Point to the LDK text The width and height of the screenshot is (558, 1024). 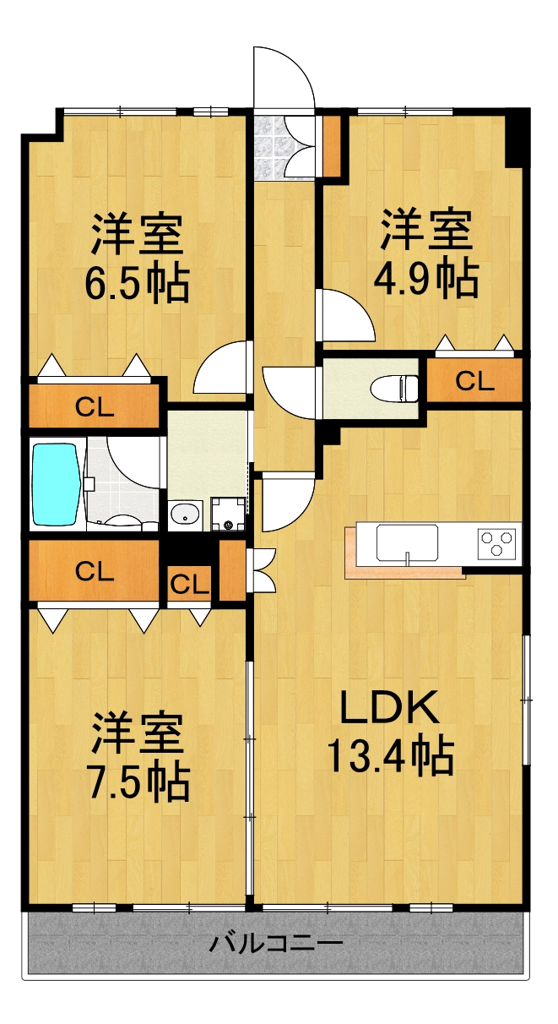click(x=389, y=708)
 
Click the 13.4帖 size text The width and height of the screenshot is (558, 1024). click(x=389, y=756)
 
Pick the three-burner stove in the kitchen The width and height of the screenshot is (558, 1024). click(x=496, y=542)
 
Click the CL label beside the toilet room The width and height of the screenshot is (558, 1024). click(x=474, y=381)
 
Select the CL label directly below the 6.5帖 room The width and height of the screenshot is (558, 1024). click(x=94, y=407)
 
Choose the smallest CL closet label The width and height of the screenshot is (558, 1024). click(x=190, y=584)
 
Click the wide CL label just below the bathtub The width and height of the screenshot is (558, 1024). click(x=94, y=572)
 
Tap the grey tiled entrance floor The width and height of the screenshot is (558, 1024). click(x=272, y=147)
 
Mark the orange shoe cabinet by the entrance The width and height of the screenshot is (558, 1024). click(x=331, y=144)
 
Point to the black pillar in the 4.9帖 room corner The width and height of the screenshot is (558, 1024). click(x=513, y=140)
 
